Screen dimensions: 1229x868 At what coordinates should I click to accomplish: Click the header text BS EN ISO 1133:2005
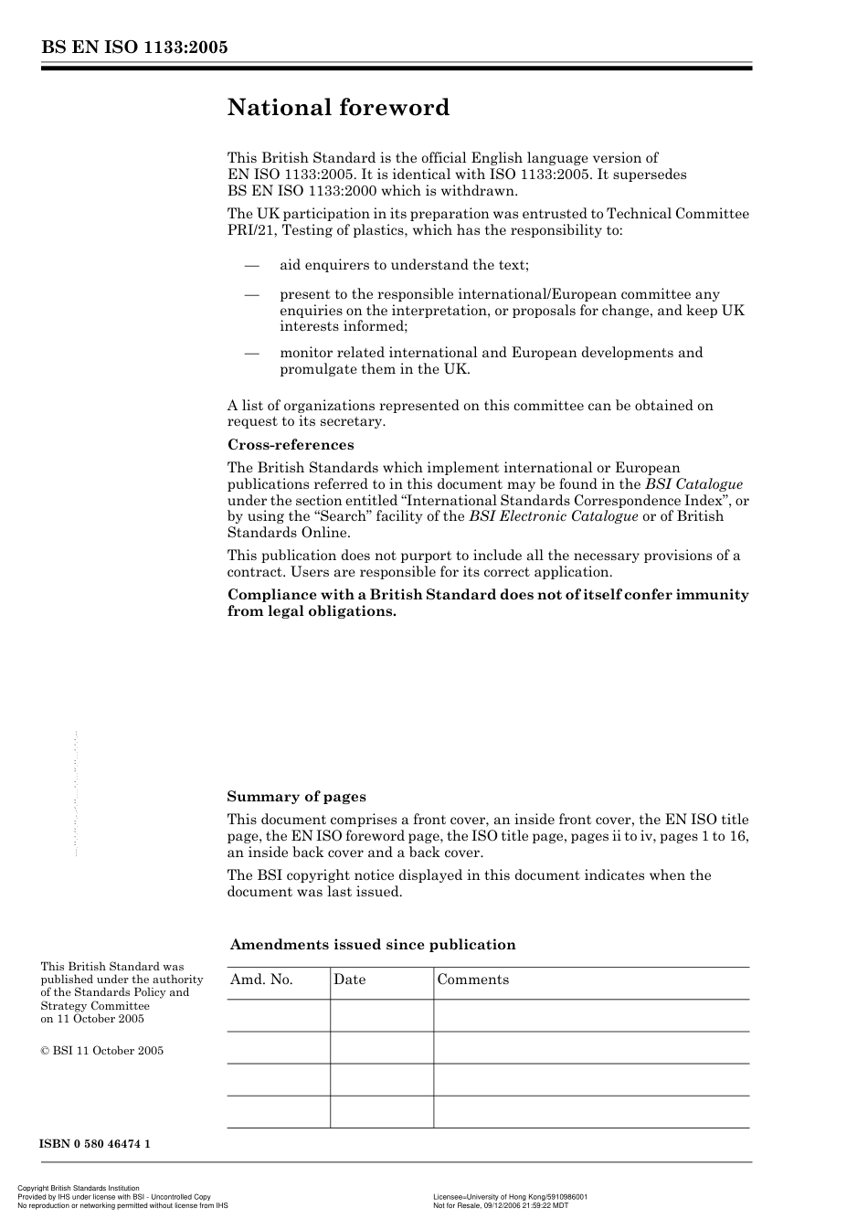click(x=133, y=48)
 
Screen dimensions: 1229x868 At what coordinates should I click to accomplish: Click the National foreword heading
click(x=338, y=108)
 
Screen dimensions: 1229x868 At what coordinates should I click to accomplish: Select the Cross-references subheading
click(x=291, y=445)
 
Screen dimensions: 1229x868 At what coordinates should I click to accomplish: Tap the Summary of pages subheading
click(x=296, y=797)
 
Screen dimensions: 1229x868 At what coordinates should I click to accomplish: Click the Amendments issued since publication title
click(x=373, y=945)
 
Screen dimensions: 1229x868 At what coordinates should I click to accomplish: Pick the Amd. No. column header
click(x=261, y=980)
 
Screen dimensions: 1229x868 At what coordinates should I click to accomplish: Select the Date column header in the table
click(x=349, y=980)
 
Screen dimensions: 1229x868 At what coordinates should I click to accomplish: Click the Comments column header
click(x=472, y=980)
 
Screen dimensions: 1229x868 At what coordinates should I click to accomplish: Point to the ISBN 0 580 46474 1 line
click(x=95, y=1144)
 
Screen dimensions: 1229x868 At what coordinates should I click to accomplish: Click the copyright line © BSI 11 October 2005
click(x=102, y=1051)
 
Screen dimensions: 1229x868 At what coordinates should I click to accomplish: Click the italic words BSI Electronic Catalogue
click(x=553, y=516)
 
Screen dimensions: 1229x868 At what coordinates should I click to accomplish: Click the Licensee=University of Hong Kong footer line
click(x=510, y=1196)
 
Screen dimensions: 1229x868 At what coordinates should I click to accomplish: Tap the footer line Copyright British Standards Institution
click(x=79, y=1188)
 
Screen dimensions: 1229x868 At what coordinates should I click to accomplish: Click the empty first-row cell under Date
click(x=381, y=1015)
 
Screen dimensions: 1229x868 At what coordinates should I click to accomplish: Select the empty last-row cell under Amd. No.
click(x=278, y=1112)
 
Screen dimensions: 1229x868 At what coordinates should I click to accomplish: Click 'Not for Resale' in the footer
click(x=458, y=1205)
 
